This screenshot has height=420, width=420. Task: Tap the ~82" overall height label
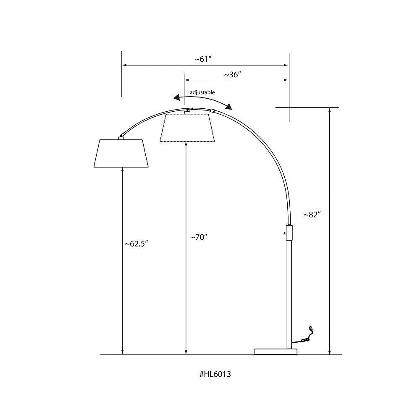[x=312, y=215]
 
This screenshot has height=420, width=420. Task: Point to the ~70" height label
[x=199, y=237]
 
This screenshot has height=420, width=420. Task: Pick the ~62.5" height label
[x=136, y=244]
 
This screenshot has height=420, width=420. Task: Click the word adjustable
[x=202, y=92]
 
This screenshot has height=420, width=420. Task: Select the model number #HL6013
[x=215, y=374]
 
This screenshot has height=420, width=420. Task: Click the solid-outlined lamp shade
[x=121, y=153]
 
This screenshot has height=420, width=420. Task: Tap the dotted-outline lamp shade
[x=187, y=128]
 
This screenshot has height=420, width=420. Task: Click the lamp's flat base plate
[x=276, y=352]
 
